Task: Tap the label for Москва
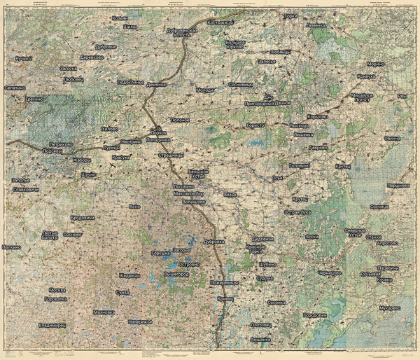[57, 289]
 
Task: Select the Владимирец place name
[54, 325]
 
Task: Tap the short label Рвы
[401, 97]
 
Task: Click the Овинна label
[393, 138]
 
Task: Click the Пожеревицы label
[224, 282]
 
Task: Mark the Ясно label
[136, 207]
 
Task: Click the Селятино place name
[15, 88]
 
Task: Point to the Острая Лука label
[297, 212]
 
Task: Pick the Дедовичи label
[262, 239]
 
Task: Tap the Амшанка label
[260, 339]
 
